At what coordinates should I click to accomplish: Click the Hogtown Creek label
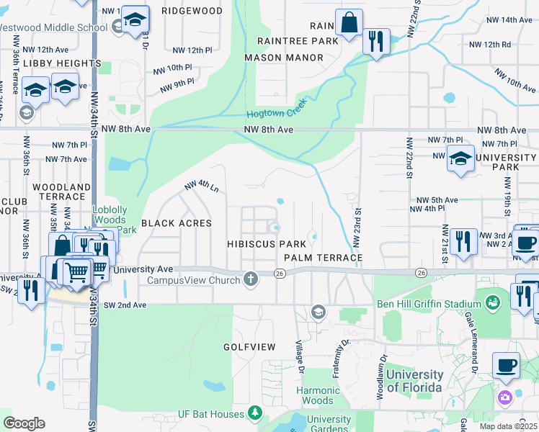coord(277,109)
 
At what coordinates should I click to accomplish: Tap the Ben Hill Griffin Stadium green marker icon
coord(493,302)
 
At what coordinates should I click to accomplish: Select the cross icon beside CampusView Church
coord(251,279)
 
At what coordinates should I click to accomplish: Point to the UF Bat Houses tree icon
coord(254,413)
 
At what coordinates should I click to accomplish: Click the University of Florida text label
coord(414,381)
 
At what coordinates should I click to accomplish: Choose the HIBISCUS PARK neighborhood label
coord(267,245)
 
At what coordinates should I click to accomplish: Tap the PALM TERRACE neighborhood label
coord(323,257)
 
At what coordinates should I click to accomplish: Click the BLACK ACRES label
coord(177,223)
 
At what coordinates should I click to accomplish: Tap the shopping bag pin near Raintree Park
coord(349,22)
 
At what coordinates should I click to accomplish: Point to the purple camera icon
coord(504,397)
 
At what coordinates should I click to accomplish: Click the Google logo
coord(24,423)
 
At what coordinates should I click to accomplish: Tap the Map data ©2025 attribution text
coord(508,426)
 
